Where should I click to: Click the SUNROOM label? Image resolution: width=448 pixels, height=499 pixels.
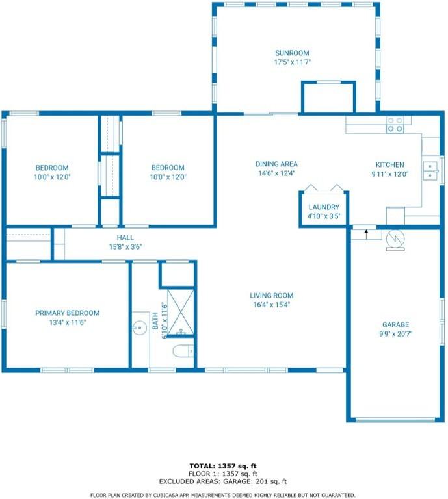(292, 53)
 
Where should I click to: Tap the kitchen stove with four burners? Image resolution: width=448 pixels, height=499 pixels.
(395, 125)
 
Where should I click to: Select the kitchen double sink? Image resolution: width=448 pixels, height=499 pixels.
(430, 171)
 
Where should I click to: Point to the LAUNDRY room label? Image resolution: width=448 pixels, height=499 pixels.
(324, 207)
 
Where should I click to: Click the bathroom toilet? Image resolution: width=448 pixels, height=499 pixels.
(183, 351)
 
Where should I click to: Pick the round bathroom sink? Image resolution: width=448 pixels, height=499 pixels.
(139, 327)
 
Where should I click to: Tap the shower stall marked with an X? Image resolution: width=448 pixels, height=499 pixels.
(181, 312)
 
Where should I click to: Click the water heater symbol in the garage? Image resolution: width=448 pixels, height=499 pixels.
(395, 240)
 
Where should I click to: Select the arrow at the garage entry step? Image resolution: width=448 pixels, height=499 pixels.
(366, 235)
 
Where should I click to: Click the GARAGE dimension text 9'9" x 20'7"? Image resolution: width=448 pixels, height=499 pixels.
(395, 334)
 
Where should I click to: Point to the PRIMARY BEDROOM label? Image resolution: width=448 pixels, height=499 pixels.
(67, 313)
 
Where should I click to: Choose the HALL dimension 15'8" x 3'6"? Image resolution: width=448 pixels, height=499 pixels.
(125, 247)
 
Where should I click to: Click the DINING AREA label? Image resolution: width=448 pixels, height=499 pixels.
(276, 164)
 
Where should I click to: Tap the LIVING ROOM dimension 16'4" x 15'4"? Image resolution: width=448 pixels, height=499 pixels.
(271, 305)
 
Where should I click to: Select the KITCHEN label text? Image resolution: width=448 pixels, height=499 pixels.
(389, 165)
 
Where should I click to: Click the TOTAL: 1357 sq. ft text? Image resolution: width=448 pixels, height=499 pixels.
(223, 467)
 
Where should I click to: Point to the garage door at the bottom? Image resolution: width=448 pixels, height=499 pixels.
(395, 420)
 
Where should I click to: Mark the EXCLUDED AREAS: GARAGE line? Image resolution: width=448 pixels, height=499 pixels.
(223, 481)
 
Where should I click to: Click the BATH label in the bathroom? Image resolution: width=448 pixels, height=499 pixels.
(155, 320)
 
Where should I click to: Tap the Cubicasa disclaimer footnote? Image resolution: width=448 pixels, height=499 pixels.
(223, 495)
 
